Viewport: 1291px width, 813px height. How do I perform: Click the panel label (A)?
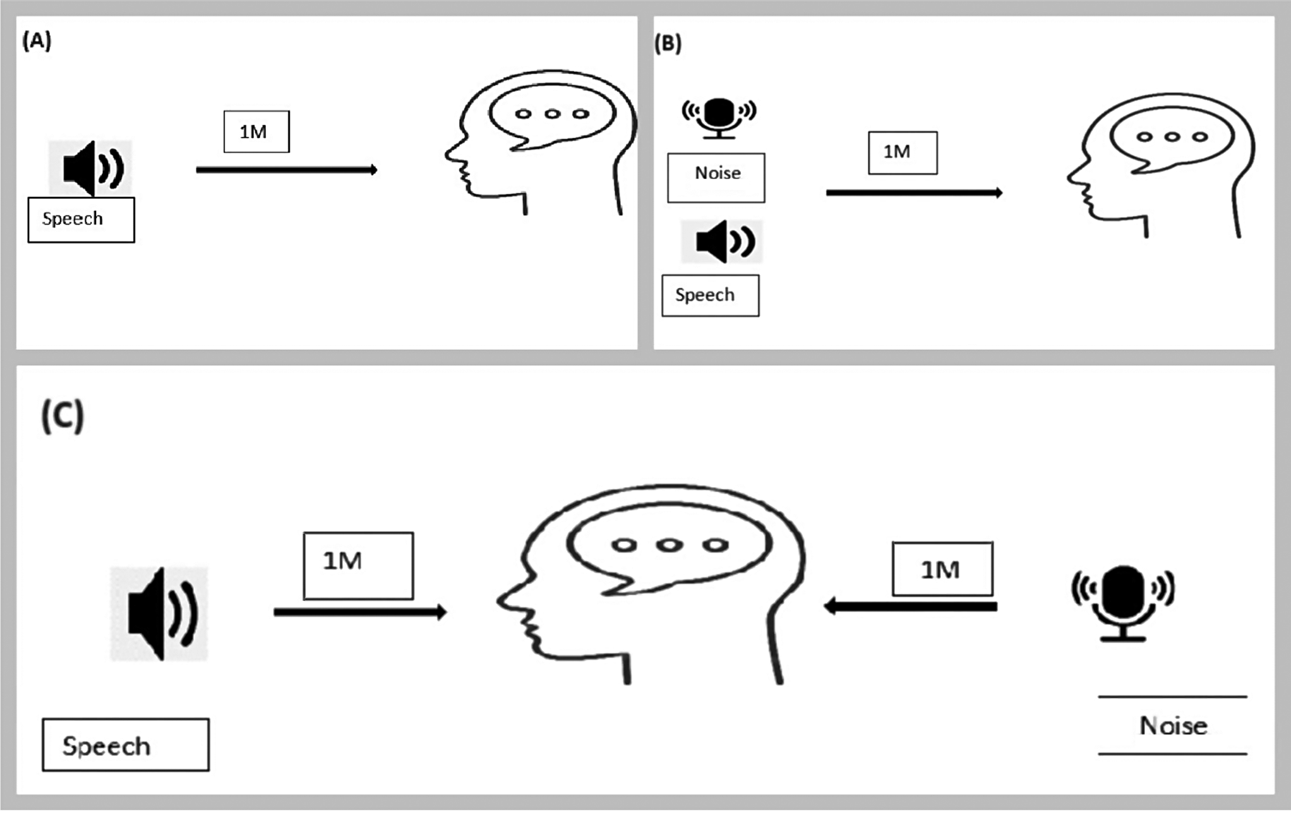click(37, 42)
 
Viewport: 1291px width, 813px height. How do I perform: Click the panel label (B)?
click(668, 44)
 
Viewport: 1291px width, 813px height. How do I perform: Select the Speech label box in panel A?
click(81, 220)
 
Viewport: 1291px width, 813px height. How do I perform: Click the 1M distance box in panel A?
click(256, 132)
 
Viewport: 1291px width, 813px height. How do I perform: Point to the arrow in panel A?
click(286, 170)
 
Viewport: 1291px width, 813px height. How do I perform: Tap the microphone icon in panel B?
click(719, 117)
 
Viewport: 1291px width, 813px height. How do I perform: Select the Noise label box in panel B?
click(716, 178)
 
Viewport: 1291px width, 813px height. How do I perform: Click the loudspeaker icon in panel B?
click(723, 241)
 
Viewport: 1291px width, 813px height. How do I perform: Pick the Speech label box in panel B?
click(710, 295)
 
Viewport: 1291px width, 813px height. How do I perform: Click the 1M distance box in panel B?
click(903, 153)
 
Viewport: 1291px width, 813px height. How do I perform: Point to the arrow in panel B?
click(914, 193)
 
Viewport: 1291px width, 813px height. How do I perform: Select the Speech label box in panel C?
click(126, 745)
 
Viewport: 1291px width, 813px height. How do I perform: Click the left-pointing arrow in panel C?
click(910, 606)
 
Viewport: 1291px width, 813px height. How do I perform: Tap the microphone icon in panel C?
click(1122, 603)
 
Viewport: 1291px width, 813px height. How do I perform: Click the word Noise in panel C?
click(1173, 726)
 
